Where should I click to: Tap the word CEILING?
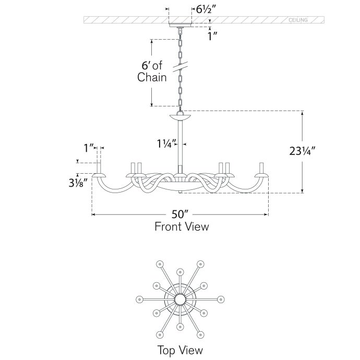click(298, 20)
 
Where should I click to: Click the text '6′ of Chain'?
click(152, 72)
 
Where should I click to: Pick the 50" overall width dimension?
click(181, 214)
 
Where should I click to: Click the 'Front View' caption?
click(181, 226)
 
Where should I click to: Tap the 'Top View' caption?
click(180, 350)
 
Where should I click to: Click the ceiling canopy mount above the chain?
click(180, 26)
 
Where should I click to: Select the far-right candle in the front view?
click(261, 168)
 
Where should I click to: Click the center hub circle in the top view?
click(180, 299)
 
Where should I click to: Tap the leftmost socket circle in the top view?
click(139, 299)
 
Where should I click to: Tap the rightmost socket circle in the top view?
click(221, 299)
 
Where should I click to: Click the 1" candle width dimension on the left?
click(89, 148)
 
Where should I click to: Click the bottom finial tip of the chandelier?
click(180, 193)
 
